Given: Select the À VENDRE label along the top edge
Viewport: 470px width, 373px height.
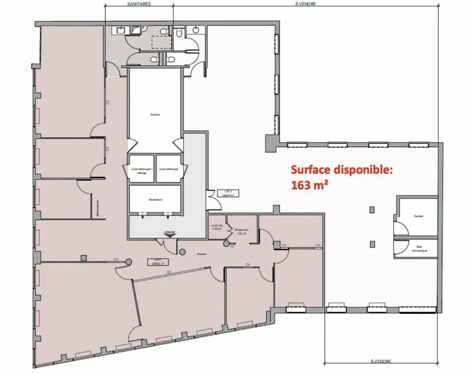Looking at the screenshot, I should pyautogui.click(x=306, y=3).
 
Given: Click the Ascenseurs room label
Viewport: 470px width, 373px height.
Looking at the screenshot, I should pyautogui.click(x=155, y=199).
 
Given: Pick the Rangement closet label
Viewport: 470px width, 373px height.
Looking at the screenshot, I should pyautogui.click(x=242, y=232).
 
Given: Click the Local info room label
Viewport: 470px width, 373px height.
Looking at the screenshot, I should pyautogui.click(x=216, y=228).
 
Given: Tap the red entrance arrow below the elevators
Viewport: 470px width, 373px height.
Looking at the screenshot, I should pyautogui.click(x=169, y=235).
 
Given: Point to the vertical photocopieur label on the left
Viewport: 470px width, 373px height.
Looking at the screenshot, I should pyautogui.click(x=100, y=207).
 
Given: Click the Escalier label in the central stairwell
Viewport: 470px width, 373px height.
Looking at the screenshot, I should pyautogui.click(x=155, y=115).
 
